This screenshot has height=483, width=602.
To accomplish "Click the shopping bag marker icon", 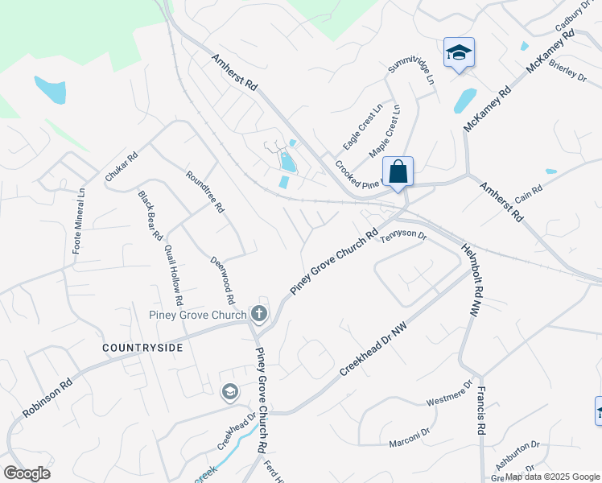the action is (x=398, y=171).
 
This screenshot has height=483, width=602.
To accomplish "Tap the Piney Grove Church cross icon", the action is (x=258, y=312).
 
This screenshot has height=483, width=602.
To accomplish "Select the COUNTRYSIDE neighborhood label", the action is (x=142, y=348).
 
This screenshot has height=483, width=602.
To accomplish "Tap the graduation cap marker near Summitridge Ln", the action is (x=459, y=53).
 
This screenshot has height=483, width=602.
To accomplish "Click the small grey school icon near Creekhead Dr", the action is (x=229, y=392).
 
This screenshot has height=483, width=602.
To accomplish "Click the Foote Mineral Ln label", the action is (x=79, y=221).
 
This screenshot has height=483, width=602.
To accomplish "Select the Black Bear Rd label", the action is (x=150, y=216).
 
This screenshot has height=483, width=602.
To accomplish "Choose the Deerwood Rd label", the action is (x=222, y=280).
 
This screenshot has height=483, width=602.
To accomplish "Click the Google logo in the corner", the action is (x=27, y=473).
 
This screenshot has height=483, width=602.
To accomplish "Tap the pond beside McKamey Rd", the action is (x=464, y=101).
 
